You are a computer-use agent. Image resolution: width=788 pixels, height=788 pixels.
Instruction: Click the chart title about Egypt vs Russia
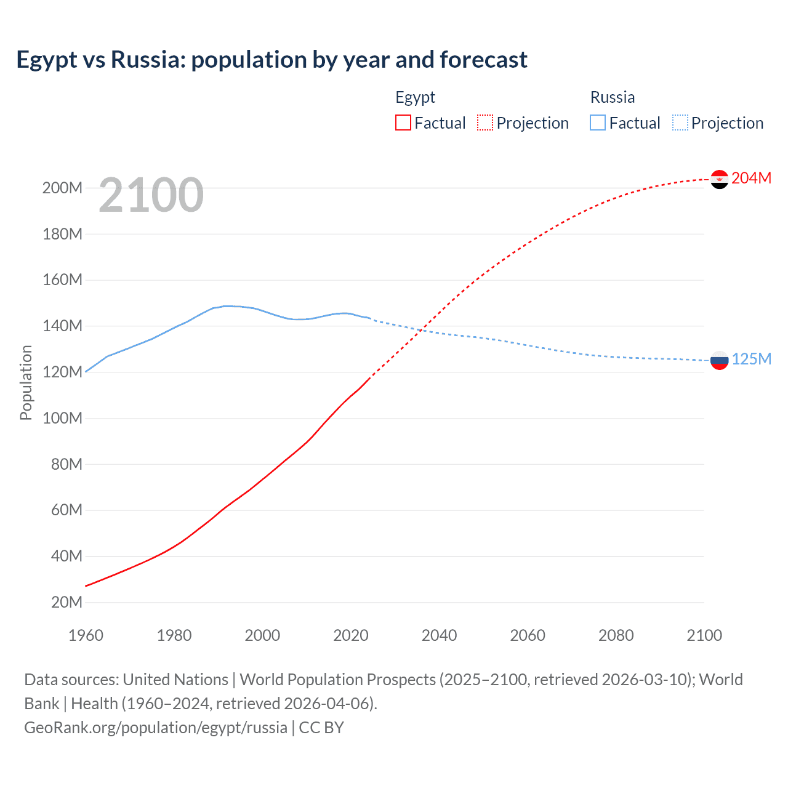(x=271, y=60)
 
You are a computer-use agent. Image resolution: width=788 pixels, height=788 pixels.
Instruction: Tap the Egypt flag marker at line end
(x=719, y=179)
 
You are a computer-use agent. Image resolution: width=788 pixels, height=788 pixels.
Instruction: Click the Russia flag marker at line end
(x=719, y=360)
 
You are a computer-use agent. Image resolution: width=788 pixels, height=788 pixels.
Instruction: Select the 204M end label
(x=751, y=178)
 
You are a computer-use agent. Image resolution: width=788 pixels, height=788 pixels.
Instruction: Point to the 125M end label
(x=751, y=359)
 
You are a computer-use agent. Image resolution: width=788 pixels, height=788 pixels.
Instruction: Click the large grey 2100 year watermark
(x=151, y=195)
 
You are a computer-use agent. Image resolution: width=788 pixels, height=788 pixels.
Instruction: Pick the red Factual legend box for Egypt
(x=403, y=123)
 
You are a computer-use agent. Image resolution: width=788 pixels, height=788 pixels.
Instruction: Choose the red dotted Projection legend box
(x=485, y=123)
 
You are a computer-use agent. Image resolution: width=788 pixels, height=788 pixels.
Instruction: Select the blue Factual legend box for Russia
(x=597, y=123)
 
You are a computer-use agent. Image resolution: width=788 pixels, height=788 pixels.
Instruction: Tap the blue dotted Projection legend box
(x=680, y=123)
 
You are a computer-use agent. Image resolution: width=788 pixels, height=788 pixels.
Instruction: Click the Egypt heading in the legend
(x=415, y=97)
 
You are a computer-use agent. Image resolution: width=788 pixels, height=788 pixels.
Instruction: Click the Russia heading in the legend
(x=612, y=97)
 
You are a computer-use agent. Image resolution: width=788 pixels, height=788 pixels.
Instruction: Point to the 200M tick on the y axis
(x=62, y=188)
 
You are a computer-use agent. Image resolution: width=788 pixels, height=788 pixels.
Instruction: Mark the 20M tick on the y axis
(x=66, y=602)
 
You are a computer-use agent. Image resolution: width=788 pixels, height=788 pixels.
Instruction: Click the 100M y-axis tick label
(x=62, y=418)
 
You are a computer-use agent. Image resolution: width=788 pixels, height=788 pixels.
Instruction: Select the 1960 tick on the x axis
(x=86, y=635)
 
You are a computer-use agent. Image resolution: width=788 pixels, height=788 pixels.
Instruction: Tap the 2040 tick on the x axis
(x=439, y=635)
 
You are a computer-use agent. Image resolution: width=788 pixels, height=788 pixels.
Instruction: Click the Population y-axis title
(x=26, y=382)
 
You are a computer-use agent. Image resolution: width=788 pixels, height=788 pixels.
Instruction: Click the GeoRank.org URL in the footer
(x=156, y=728)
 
